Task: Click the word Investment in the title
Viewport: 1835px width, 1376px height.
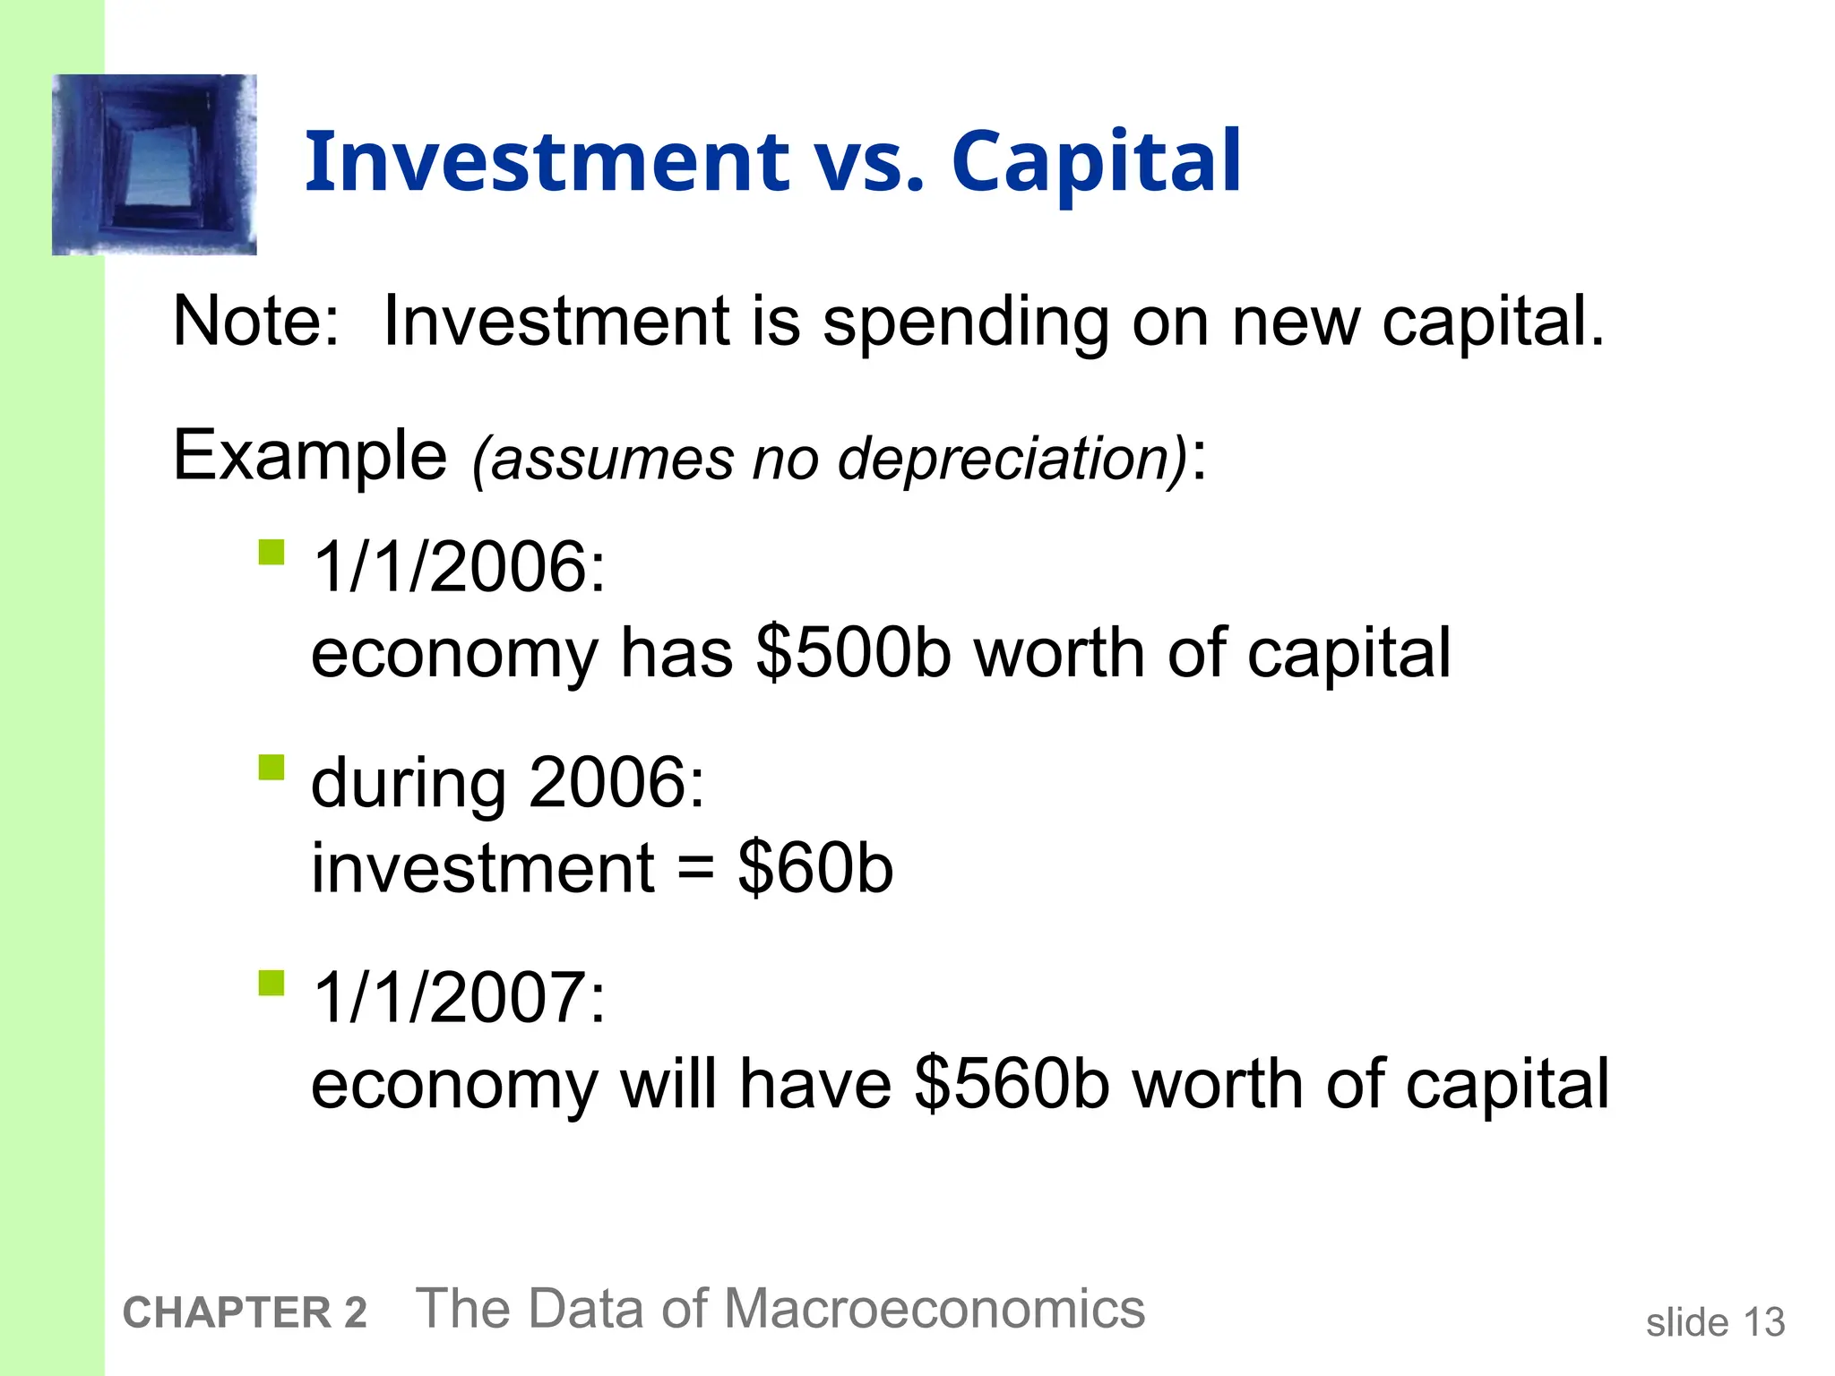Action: click(x=547, y=162)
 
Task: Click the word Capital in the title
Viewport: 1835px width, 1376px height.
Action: click(x=1096, y=162)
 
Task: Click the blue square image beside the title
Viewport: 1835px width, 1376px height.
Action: click(x=155, y=165)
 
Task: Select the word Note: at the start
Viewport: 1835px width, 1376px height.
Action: click(x=256, y=322)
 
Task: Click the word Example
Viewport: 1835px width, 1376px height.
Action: click(x=309, y=456)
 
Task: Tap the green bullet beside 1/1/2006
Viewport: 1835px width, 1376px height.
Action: click(x=271, y=552)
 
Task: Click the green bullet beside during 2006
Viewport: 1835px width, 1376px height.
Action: click(x=271, y=768)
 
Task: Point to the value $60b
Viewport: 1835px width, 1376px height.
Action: click(x=815, y=868)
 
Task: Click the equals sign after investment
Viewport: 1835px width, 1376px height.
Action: click(x=696, y=870)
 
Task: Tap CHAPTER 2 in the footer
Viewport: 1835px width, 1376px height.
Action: click(x=245, y=1313)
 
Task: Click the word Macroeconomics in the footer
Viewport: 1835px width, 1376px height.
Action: click(x=934, y=1309)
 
